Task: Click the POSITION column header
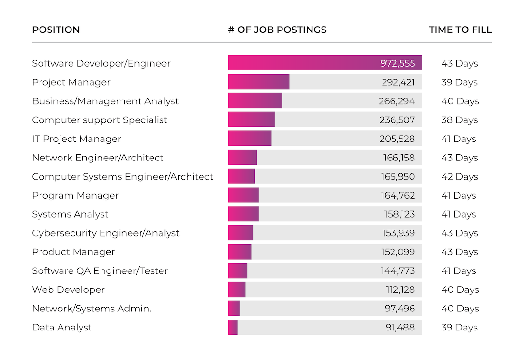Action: tap(56, 30)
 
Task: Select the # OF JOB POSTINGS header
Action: tap(277, 30)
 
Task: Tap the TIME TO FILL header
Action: tap(460, 30)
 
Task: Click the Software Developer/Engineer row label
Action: tap(101, 63)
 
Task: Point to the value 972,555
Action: tap(398, 63)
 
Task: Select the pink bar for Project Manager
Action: tap(259, 81)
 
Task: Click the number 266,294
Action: tap(397, 101)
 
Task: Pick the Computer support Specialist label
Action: tap(100, 120)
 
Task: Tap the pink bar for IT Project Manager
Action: tap(250, 138)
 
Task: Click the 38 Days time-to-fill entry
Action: tap(460, 120)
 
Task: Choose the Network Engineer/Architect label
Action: tap(98, 158)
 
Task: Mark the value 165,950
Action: tap(398, 177)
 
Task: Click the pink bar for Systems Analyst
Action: tap(243, 214)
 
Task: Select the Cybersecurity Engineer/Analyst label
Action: tap(106, 233)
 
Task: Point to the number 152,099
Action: tap(398, 252)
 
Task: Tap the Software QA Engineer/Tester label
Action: tap(100, 271)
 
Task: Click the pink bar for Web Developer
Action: tap(237, 289)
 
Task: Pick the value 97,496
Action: tap(400, 309)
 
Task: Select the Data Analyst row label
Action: tap(62, 328)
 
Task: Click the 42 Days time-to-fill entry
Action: tap(460, 177)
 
